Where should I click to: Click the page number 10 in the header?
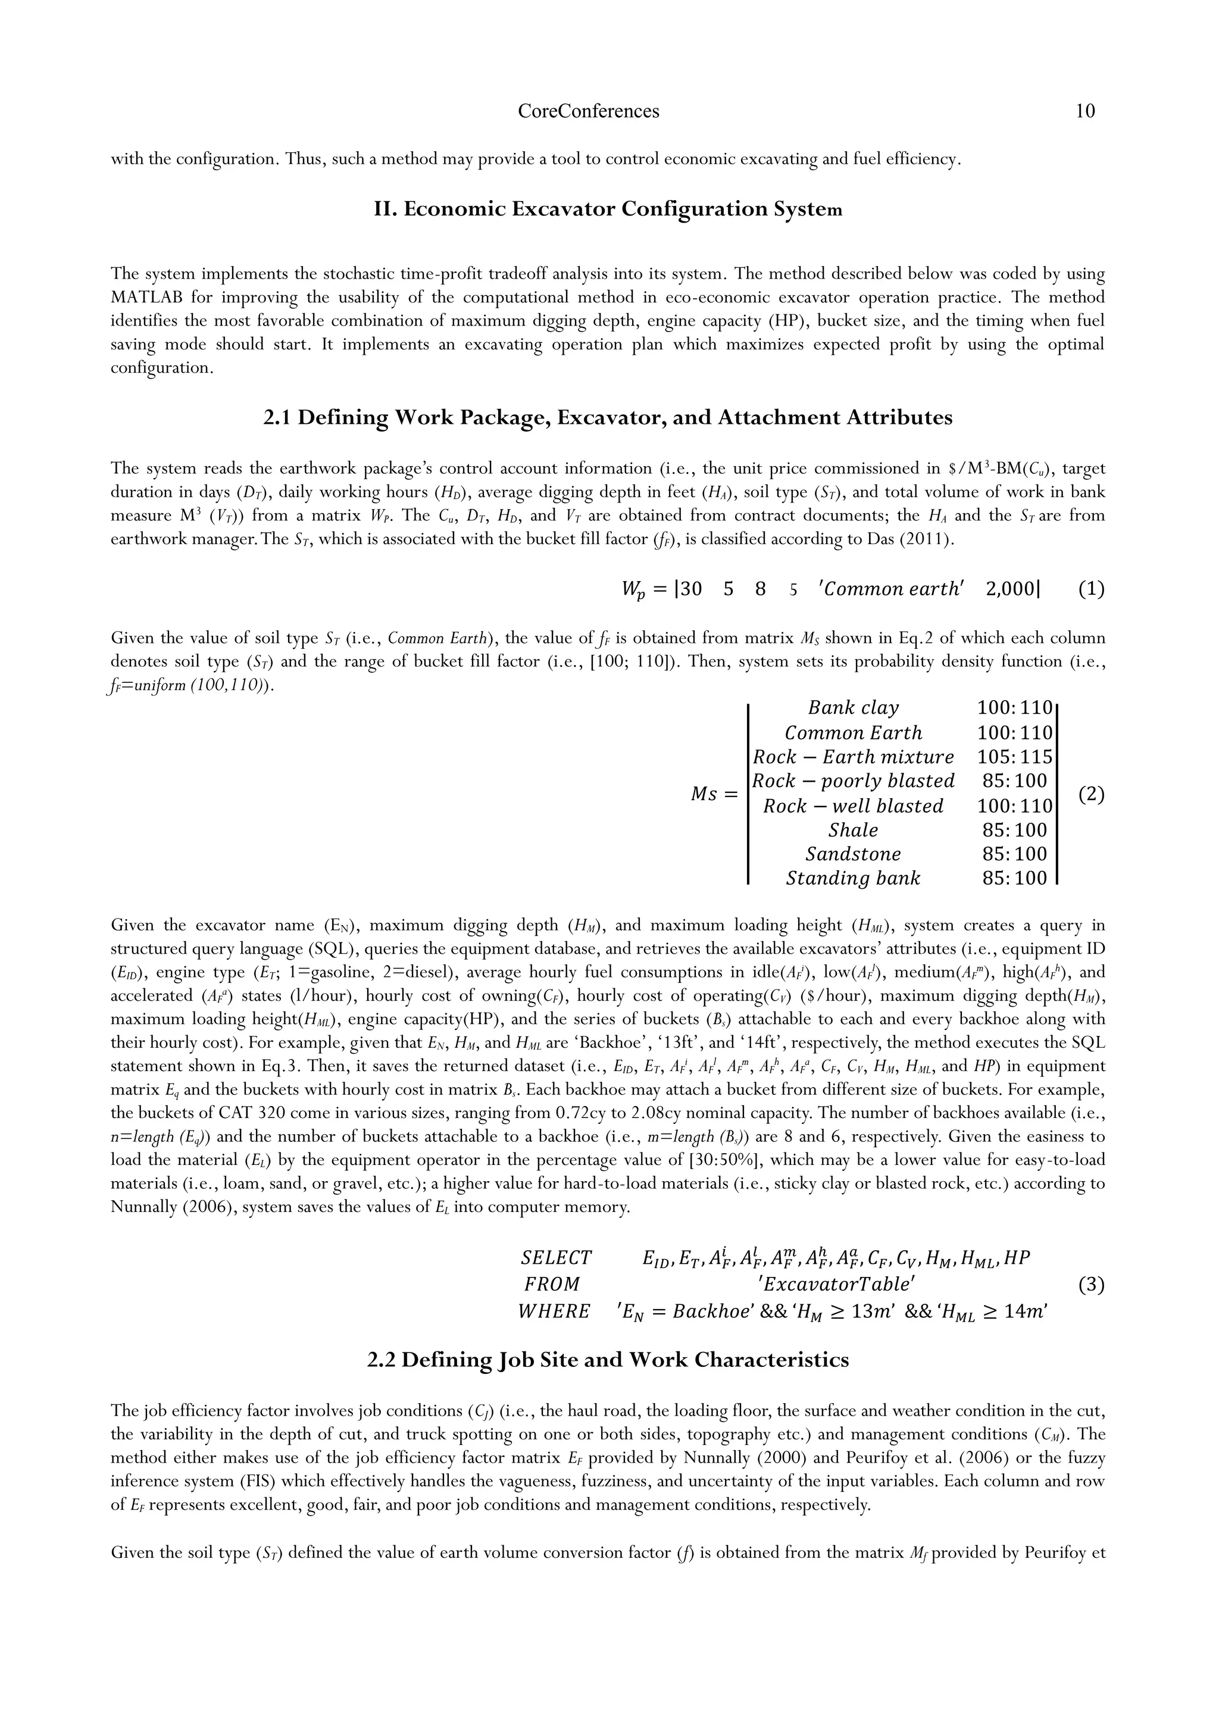1084,111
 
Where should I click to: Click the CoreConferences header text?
589,111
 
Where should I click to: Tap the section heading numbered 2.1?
608,417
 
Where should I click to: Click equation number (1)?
1090,589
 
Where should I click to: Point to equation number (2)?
1090,794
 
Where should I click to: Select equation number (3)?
1090,1285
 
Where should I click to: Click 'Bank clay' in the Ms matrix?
854,708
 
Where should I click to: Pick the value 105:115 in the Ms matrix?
1015,757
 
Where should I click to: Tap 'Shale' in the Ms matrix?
854,830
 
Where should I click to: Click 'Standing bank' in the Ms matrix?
854,879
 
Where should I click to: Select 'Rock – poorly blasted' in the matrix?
854,781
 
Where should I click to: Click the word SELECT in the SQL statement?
556,1258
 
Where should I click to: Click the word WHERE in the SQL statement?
554,1312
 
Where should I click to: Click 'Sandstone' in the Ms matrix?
854,854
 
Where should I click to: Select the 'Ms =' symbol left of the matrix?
714,794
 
